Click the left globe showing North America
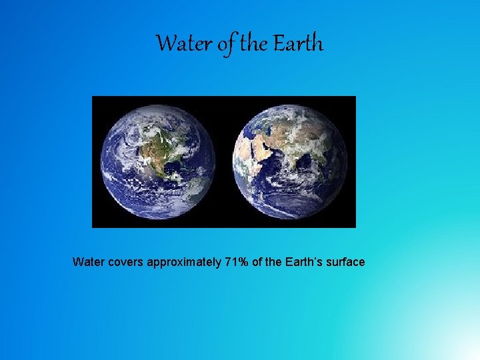(158, 162)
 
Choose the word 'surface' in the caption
(343, 262)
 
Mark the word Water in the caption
(87, 262)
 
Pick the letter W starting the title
(164, 44)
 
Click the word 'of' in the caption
(258, 262)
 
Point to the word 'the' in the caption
(273, 262)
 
